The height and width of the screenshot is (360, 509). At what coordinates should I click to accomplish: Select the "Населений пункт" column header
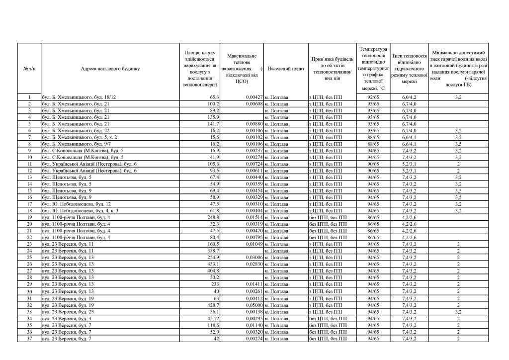pos(286,69)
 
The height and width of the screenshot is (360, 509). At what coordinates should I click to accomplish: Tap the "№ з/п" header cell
pos(29,69)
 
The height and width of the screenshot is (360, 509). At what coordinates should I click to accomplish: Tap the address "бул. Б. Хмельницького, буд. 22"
pos(76,130)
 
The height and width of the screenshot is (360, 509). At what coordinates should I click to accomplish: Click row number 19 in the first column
pos(29,217)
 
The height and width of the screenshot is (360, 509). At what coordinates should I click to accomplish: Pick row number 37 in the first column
pos(29,338)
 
